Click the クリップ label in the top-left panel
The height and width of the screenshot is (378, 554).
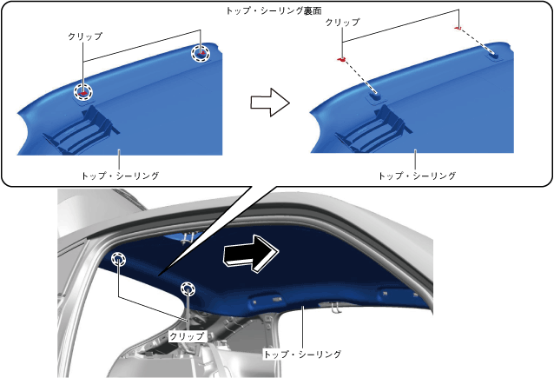(x=84, y=36)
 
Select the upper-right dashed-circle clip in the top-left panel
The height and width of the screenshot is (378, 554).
(x=201, y=54)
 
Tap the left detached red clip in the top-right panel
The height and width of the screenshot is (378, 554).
(x=341, y=59)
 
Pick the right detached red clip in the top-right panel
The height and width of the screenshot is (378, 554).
(x=457, y=27)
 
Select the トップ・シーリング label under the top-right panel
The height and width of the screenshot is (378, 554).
(x=418, y=176)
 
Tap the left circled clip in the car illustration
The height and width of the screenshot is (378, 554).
(x=119, y=257)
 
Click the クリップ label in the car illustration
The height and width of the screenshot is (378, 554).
(x=187, y=335)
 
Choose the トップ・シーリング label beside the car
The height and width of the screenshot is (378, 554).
(x=301, y=355)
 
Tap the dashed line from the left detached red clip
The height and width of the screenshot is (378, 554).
(x=359, y=75)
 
